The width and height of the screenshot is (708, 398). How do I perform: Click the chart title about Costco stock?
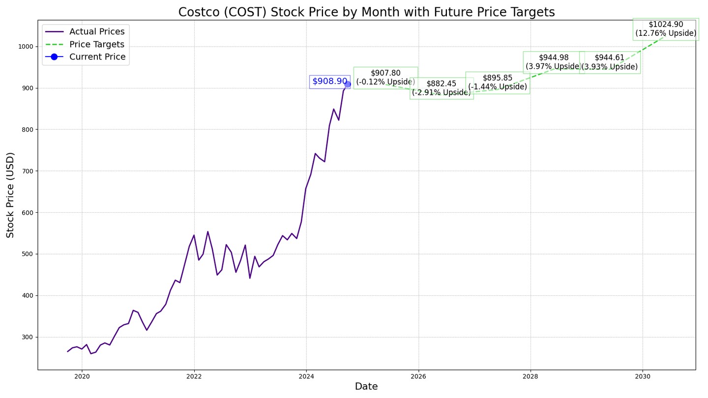coord(366,12)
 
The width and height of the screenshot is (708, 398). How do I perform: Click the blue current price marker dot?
coord(348,84)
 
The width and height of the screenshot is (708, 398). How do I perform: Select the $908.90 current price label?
coord(329,82)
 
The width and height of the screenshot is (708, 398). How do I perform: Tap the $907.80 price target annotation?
coord(385,78)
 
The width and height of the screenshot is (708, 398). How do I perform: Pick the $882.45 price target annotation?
coord(442,88)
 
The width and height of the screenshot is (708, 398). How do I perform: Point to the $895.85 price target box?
coord(498,83)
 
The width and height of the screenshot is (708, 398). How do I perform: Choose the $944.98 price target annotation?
coord(554,62)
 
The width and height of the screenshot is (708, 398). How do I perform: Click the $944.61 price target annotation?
coord(610,62)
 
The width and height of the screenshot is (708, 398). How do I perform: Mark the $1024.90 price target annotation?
coord(666,29)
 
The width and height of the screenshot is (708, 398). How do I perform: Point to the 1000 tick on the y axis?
coord(26,47)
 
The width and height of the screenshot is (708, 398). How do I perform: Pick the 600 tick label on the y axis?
coord(27,213)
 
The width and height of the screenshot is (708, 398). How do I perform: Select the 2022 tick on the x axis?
coord(194,377)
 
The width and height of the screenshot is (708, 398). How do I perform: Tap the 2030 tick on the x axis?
coord(643,377)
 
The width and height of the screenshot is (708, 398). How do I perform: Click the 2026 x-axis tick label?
coord(418,377)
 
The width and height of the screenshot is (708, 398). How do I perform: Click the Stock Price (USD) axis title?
coord(10,195)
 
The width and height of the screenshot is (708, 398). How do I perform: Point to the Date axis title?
coord(366,387)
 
